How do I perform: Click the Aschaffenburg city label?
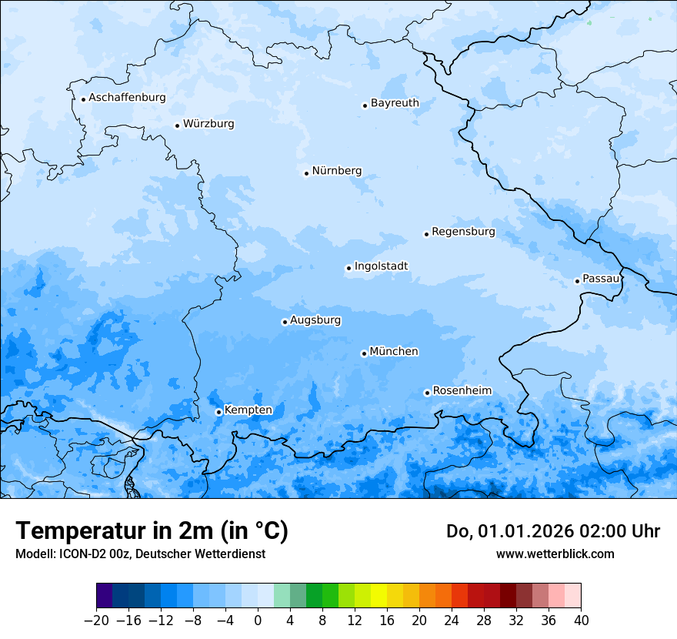click(127, 98)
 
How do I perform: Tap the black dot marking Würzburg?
click(177, 125)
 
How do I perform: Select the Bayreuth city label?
click(395, 102)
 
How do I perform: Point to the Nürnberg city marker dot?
click(306, 173)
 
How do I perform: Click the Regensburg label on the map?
click(463, 231)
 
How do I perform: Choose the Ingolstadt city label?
click(381, 266)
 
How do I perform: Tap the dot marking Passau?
click(577, 281)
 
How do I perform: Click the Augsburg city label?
click(315, 319)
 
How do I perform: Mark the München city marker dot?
click(364, 353)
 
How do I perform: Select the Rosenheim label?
click(462, 390)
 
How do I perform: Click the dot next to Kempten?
click(218, 412)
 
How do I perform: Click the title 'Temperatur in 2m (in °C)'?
click(152, 531)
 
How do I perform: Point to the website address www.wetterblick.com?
click(555, 554)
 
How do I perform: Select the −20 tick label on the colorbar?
click(96, 620)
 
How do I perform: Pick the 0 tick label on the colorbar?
click(258, 620)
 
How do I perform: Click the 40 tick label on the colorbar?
click(580, 620)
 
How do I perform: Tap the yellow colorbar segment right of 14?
click(379, 597)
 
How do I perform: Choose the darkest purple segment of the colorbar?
click(105, 597)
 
